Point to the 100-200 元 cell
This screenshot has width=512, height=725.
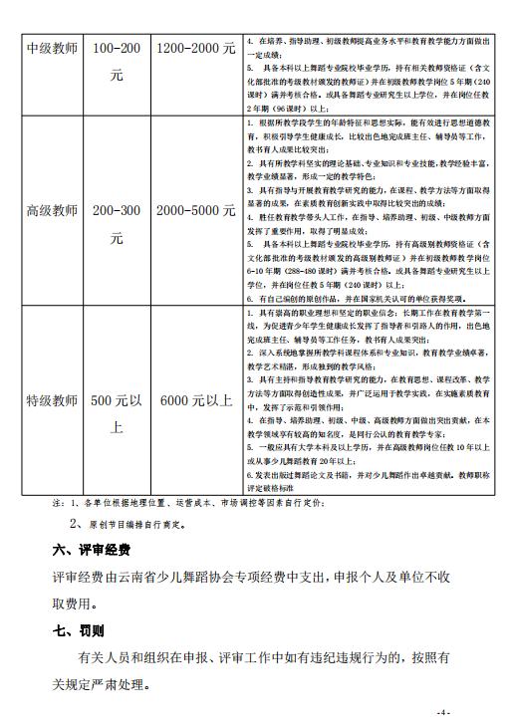[x=117, y=60]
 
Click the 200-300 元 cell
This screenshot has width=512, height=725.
[x=117, y=225]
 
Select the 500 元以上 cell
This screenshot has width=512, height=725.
[x=117, y=414]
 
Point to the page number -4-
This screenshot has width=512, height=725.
[x=444, y=713]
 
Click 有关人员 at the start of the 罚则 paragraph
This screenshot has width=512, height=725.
[x=101, y=658]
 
